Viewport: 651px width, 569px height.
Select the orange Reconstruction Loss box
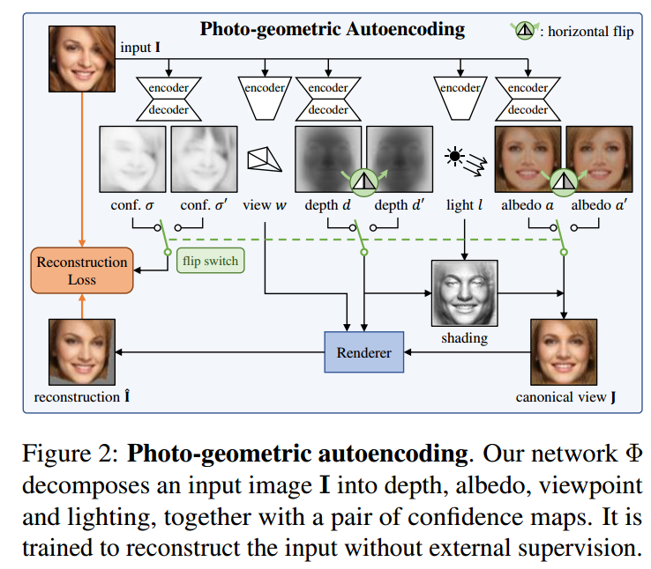click(x=81, y=271)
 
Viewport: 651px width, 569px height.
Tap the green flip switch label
click(x=210, y=262)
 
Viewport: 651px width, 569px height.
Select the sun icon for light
click(x=455, y=157)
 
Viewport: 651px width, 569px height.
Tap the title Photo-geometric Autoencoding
click(x=332, y=29)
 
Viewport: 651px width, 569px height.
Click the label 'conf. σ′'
click(x=203, y=205)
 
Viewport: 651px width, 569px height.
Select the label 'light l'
click(x=464, y=205)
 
